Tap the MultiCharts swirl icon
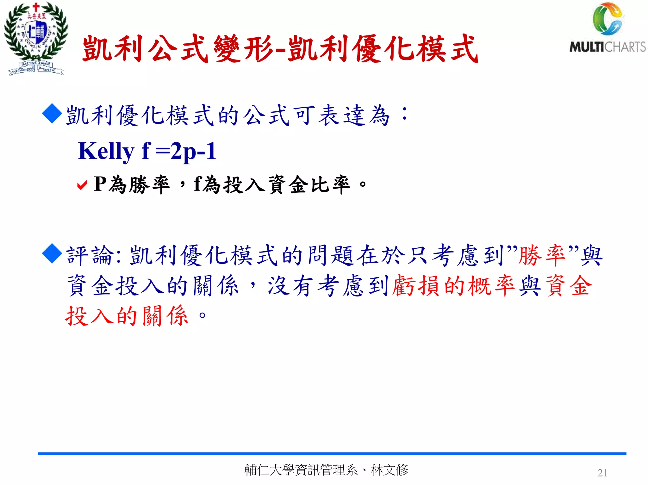607,19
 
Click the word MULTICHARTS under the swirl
607,47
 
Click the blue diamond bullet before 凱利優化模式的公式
52,114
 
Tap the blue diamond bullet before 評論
52,253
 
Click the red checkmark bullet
82,185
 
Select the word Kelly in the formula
106,151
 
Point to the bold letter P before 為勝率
100,184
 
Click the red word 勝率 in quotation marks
542,255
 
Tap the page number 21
602,473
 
